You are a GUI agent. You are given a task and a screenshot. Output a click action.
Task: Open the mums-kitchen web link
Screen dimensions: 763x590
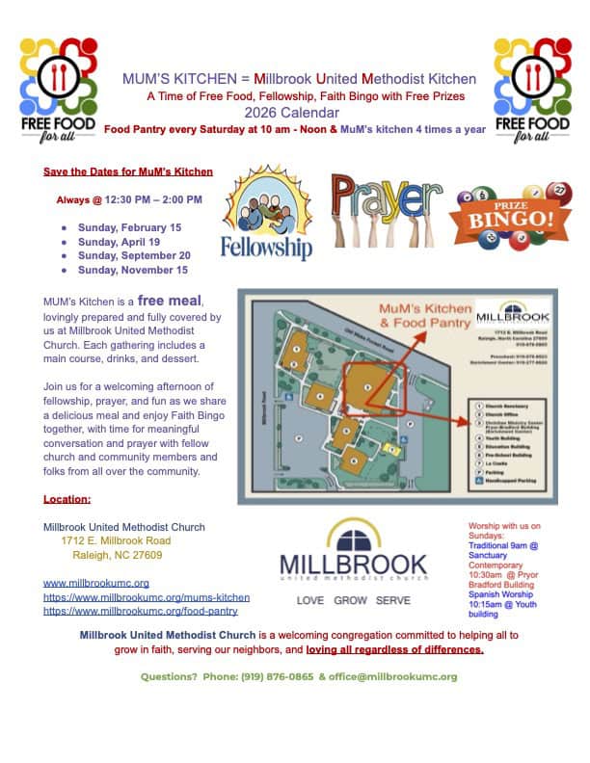(x=147, y=597)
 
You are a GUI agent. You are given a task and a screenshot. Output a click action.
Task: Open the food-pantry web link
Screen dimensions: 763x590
(x=141, y=611)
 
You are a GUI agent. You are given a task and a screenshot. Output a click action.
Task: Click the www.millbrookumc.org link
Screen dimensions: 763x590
(x=96, y=584)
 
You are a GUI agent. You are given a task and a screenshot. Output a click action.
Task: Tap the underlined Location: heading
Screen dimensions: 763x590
(x=67, y=499)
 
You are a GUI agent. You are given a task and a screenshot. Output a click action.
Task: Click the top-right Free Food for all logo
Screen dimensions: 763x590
(x=532, y=92)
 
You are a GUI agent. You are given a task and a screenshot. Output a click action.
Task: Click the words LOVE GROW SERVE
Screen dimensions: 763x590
(x=353, y=600)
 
